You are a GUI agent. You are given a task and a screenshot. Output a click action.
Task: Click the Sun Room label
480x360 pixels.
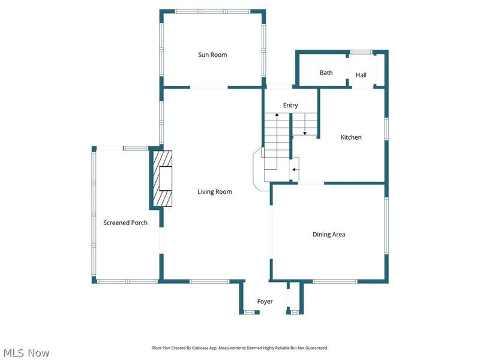(212, 55)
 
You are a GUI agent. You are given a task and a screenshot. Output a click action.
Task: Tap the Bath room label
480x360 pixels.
(326, 73)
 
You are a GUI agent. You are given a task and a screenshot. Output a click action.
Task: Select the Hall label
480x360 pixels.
(361, 75)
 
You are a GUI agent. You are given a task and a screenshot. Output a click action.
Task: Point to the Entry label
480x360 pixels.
(290, 106)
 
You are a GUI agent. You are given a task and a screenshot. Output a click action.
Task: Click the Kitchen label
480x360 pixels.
(351, 137)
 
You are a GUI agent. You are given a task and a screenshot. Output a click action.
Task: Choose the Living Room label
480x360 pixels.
(215, 192)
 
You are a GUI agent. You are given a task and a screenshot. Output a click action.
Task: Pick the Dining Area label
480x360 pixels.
(329, 235)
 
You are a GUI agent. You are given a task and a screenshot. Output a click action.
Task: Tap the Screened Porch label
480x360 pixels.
(125, 223)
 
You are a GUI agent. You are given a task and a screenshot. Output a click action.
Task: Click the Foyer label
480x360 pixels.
(265, 301)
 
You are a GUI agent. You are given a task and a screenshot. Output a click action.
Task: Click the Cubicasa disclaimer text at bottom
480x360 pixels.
(240, 348)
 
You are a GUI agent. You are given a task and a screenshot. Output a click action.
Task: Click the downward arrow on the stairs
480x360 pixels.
(305, 131)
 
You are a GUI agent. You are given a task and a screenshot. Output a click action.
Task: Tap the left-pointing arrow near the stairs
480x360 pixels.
(294, 170)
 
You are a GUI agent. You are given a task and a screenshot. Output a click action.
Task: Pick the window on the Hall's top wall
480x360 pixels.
(361, 52)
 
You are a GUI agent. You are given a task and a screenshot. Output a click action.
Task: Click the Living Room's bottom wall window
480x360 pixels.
(209, 281)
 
